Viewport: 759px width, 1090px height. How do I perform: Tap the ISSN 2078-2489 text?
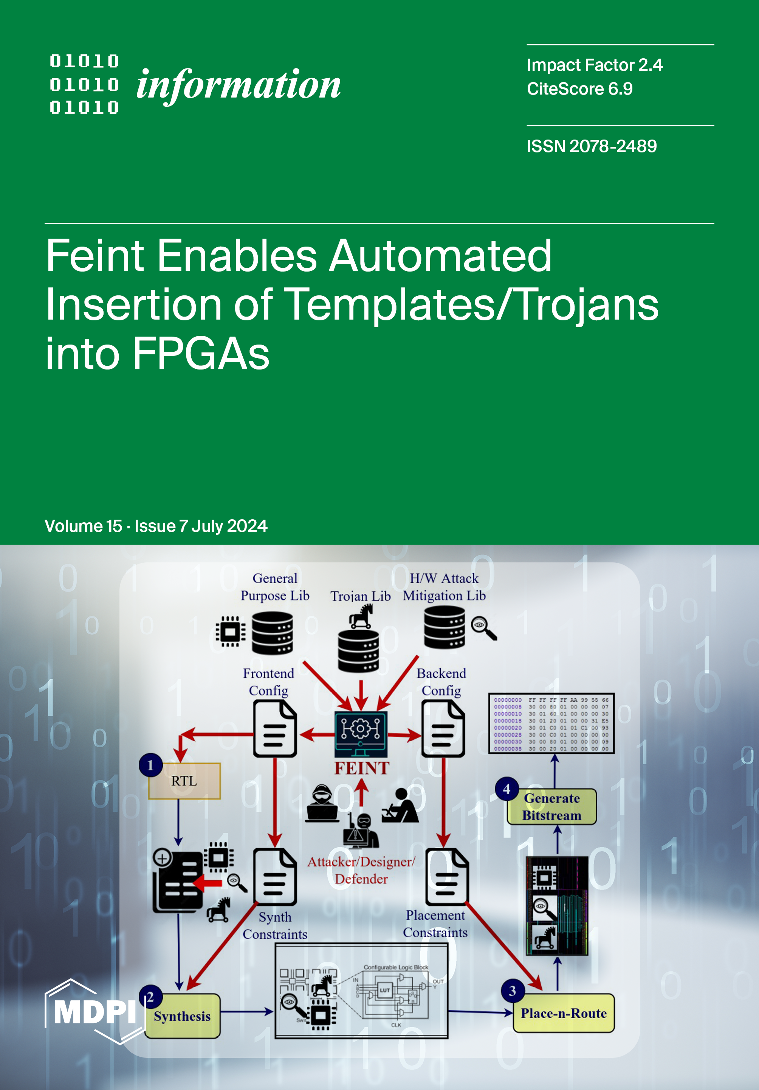[x=592, y=146]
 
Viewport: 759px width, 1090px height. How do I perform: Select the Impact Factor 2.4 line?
[x=595, y=65]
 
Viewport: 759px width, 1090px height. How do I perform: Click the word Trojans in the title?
[x=587, y=305]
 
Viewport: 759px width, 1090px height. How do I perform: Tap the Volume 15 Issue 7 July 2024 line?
[x=156, y=526]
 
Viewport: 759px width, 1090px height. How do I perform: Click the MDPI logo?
[x=95, y=1011]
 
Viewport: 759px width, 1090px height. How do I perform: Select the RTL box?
[x=184, y=781]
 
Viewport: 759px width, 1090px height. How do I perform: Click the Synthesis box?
[x=183, y=1016]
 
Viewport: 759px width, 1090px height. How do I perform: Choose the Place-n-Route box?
[x=564, y=1014]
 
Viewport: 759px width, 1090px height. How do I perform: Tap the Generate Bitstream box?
[x=552, y=807]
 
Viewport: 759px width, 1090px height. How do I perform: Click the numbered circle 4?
[x=507, y=789]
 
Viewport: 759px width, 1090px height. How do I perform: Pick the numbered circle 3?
[x=512, y=991]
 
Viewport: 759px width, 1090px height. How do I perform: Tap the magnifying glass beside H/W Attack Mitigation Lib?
[x=483, y=627]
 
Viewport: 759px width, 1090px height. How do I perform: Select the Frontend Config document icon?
[x=275, y=729]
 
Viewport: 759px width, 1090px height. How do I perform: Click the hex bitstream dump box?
[x=551, y=723]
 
